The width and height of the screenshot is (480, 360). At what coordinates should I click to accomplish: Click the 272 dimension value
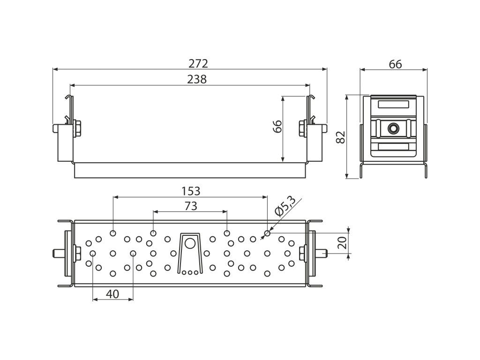click(198, 63)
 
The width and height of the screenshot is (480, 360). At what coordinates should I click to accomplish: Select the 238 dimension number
click(197, 79)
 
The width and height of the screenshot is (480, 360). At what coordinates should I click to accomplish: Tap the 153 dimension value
click(191, 191)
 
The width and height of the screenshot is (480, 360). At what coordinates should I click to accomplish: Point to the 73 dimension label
click(191, 206)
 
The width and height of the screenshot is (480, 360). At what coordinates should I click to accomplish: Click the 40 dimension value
click(112, 294)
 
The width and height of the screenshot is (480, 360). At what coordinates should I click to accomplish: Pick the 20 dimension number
click(343, 242)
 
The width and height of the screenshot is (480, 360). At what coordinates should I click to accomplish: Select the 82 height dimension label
click(340, 137)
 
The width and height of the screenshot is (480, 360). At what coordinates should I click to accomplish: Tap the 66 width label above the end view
click(395, 64)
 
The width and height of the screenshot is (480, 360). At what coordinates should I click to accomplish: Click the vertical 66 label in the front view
click(277, 126)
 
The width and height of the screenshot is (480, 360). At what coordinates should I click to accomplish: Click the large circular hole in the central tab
click(190, 243)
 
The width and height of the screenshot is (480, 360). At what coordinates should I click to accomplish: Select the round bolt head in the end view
click(393, 128)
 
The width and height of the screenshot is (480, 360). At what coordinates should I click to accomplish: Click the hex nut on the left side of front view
click(77, 129)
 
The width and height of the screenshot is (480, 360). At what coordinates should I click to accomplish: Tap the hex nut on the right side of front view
click(302, 128)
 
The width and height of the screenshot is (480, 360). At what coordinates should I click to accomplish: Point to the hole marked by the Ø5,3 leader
click(267, 233)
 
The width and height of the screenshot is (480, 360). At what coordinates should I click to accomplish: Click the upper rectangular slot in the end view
click(393, 104)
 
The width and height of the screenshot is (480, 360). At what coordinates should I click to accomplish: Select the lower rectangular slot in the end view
click(393, 147)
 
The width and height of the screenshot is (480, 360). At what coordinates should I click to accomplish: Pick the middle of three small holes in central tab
click(190, 272)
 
